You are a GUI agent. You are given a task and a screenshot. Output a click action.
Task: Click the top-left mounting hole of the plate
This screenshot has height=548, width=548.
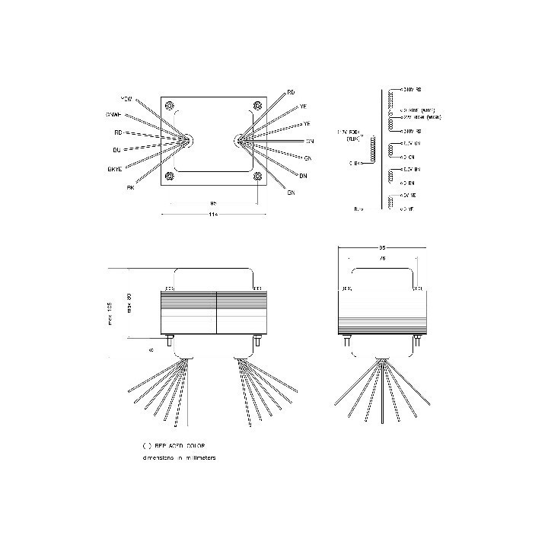pyautogui.click(x=170, y=105)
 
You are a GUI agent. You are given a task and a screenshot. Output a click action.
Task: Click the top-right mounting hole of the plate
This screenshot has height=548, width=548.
pyautogui.click(x=256, y=105)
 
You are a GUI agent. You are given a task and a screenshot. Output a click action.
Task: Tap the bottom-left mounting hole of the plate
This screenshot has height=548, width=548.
pyautogui.click(x=170, y=177)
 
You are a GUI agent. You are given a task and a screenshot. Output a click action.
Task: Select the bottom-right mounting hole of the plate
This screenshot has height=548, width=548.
pyautogui.click(x=256, y=177)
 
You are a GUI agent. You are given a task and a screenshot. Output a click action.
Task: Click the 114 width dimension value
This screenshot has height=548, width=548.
pyautogui.click(x=213, y=216)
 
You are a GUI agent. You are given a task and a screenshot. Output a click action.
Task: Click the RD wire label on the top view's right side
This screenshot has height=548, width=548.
pyautogui.click(x=291, y=92)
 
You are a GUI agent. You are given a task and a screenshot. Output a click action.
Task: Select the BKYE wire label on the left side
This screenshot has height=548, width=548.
pyautogui.click(x=117, y=168)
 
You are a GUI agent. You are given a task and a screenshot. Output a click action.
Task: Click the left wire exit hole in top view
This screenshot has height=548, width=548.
pyautogui.click(x=188, y=139)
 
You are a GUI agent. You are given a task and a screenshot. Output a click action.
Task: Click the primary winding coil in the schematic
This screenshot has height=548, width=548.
pyautogui.click(x=372, y=149)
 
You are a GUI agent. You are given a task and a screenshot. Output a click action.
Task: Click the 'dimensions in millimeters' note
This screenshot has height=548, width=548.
pyautogui.click(x=179, y=457)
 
